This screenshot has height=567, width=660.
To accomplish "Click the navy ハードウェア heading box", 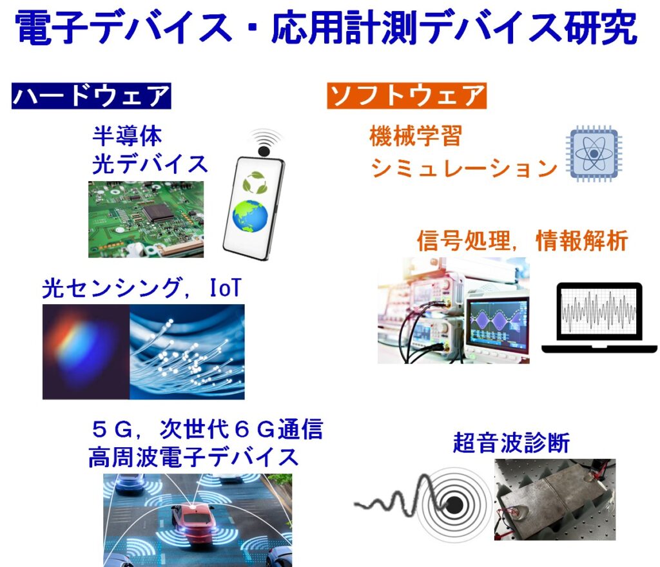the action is (x=92, y=96).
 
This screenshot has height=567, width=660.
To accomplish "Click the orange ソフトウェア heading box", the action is (x=407, y=96).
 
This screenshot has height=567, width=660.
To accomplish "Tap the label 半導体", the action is (x=127, y=136).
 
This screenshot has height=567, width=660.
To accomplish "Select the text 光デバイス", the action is (x=150, y=164).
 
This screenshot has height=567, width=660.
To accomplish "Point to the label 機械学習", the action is (x=416, y=136).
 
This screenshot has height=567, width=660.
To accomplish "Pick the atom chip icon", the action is (x=594, y=153).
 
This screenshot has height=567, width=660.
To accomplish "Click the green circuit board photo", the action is (x=146, y=219).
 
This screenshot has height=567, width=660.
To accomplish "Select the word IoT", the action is (x=226, y=288).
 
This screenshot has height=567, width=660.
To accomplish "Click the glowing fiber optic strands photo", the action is (x=187, y=352).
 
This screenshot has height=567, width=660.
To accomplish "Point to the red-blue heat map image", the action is (x=86, y=352).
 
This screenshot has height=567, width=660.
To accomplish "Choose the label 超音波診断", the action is (x=511, y=443).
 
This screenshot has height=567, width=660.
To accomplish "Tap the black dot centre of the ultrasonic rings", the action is (x=454, y=505).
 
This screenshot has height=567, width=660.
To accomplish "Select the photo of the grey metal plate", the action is (x=555, y=500).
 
